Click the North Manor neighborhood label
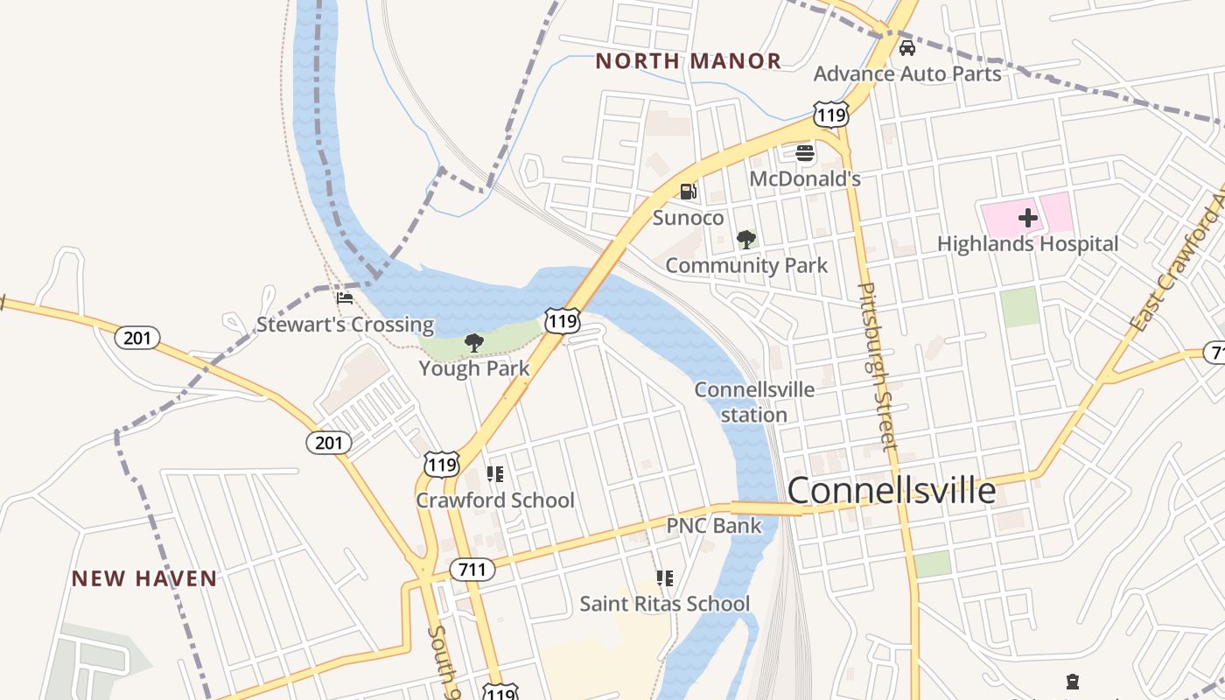[688, 61]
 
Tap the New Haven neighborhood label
[144, 578]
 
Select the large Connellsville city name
[892, 491]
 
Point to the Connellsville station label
[754, 402]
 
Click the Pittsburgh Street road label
[877, 366]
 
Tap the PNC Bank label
[714, 526]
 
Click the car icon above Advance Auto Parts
[907, 48]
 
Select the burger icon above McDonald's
[805, 154]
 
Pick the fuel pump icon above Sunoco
[689, 192]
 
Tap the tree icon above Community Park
[745, 239]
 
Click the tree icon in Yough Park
[474, 343]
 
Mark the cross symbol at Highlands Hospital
[1027, 218]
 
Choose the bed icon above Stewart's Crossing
[345, 298]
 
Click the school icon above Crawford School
[495, 474]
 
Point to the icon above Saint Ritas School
[665, 578]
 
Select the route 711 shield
[472, 570]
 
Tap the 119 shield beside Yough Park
[561, 320]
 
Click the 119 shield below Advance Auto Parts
[829, 114]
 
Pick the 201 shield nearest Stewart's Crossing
[137, 337]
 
